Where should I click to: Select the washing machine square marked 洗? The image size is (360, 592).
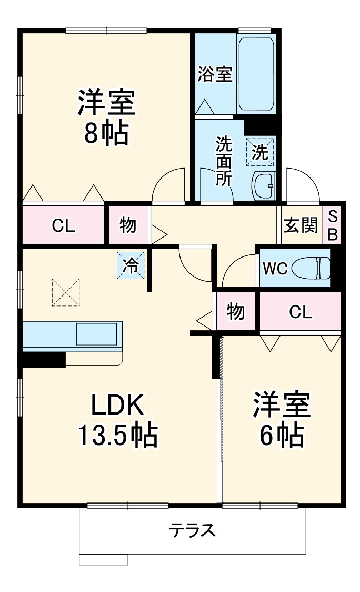[261, 152]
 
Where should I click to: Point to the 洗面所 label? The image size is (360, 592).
[224, 161]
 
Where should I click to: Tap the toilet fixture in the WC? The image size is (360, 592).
[311, 268]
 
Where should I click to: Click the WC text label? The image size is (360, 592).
[275, 269]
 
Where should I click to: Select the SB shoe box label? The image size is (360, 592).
[333, 225]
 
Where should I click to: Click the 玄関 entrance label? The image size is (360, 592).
[301, 225]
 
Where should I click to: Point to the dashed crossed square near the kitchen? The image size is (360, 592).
[65, 292]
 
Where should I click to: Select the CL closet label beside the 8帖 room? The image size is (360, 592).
[63, 225]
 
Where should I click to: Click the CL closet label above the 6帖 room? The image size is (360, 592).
[301, 312]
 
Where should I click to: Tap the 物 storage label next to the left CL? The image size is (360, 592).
[128, 225]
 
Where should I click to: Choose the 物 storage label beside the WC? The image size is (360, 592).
[236, 312]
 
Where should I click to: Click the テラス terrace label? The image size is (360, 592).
[192, 529]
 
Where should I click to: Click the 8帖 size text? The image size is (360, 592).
[106, 134]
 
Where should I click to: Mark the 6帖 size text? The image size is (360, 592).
[281, 435]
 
